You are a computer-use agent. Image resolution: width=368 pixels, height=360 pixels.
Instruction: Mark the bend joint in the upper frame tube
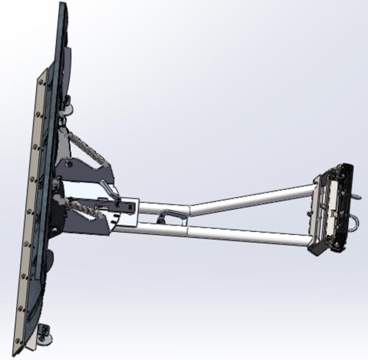[190, 209]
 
